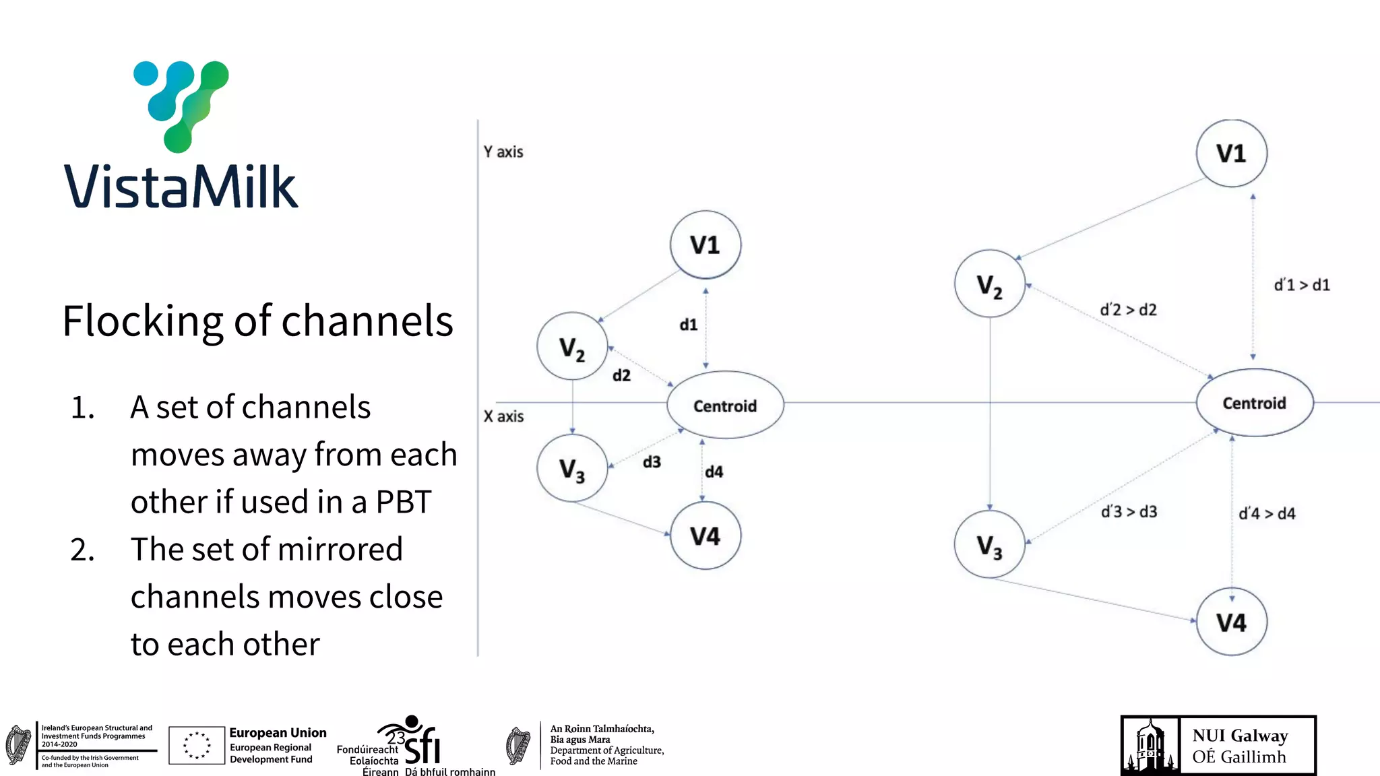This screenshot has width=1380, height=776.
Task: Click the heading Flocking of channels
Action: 257,321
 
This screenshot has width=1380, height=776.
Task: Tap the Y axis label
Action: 503,152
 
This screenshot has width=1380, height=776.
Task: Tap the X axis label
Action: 503,416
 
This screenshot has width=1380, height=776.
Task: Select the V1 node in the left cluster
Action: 705,245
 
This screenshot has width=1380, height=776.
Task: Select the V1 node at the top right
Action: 1231,154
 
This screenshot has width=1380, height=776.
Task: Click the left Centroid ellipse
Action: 725,406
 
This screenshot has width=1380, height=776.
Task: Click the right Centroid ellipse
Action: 1254,403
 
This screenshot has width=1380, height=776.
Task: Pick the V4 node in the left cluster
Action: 705,536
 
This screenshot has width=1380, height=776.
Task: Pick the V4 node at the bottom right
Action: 1231,622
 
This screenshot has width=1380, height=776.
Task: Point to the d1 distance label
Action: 688,325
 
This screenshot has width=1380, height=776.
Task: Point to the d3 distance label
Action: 652,462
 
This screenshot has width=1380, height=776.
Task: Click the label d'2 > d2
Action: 1128,310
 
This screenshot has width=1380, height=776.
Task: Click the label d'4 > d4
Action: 1267,513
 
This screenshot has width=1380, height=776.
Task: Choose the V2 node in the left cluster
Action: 572,348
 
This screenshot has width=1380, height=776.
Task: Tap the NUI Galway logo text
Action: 1240,746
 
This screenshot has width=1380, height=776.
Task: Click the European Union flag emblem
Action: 197,745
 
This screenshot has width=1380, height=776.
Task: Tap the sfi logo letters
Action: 422,746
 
